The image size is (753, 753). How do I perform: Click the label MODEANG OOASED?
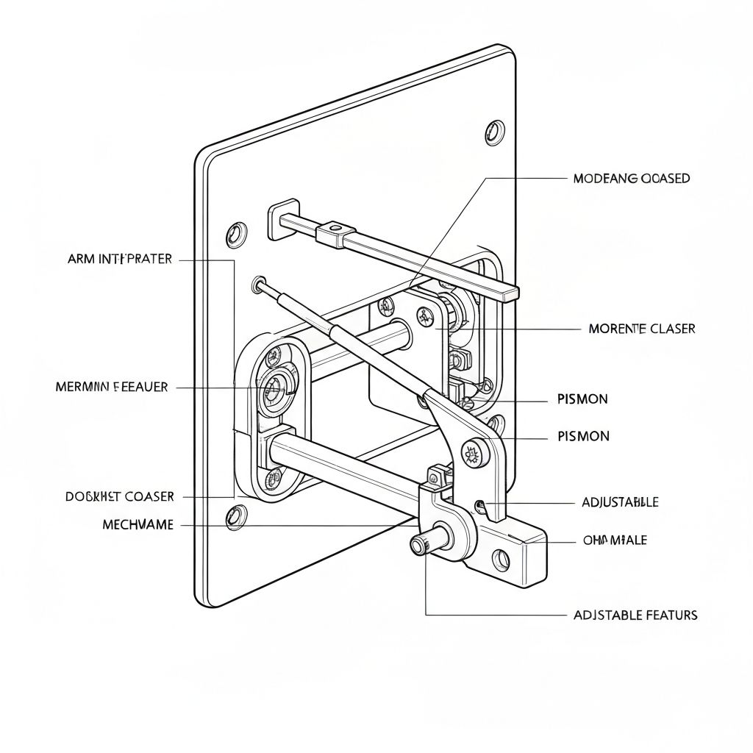[x=631, y=179]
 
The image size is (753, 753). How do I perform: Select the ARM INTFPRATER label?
[x=120, y=259]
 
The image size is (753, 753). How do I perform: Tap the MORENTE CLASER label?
[x=641, y=329]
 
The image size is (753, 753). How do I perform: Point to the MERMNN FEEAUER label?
[x=112, y=387]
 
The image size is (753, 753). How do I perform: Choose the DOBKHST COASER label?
[x=120, y=496]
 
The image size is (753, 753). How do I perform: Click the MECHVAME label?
[x=138, y=525]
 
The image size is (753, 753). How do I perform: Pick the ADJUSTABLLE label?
[x=620, y=502]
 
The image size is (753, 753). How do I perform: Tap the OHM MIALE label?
[x=615, y=540]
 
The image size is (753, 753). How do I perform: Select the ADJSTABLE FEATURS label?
[x=635, y=615]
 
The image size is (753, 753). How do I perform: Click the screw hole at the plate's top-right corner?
[x=494, y=132]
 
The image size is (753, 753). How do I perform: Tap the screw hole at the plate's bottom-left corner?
[x=235, y=516]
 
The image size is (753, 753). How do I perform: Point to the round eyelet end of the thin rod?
[x=258, y=283]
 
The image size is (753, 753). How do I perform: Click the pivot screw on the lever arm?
[x=471, y=454]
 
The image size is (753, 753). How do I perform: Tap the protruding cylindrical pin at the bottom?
[x=422, y=544]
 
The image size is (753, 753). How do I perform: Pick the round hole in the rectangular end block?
[x=502, y=560]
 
